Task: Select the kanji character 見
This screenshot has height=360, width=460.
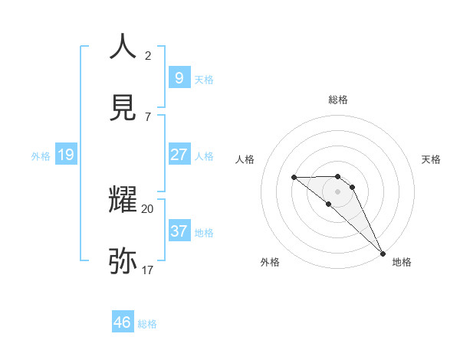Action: [123, 108]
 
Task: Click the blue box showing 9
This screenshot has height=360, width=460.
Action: [179, 77]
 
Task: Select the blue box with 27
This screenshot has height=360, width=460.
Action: [179, 155]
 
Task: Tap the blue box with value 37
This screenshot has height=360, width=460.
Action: [179, 231]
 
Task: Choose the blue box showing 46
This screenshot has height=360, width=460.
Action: [123, 322]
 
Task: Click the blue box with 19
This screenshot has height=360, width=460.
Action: [65, 155]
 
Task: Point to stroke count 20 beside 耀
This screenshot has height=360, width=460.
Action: [148, 208]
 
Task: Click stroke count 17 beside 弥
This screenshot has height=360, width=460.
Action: [148, 270]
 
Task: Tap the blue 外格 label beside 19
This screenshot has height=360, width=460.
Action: [41, 156]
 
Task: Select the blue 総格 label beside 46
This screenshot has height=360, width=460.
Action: [147, 324]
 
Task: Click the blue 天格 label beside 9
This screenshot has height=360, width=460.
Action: [203, 79]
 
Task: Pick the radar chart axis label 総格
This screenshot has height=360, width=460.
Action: [338, 100]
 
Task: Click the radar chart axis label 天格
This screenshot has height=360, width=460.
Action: [432, 159]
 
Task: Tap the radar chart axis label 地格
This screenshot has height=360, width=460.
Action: [402, 263]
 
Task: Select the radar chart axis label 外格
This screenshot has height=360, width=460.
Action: [270, 263]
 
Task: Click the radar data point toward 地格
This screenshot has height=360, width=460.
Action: [382, 253]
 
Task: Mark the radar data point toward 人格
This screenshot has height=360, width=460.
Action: [294, 178]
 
